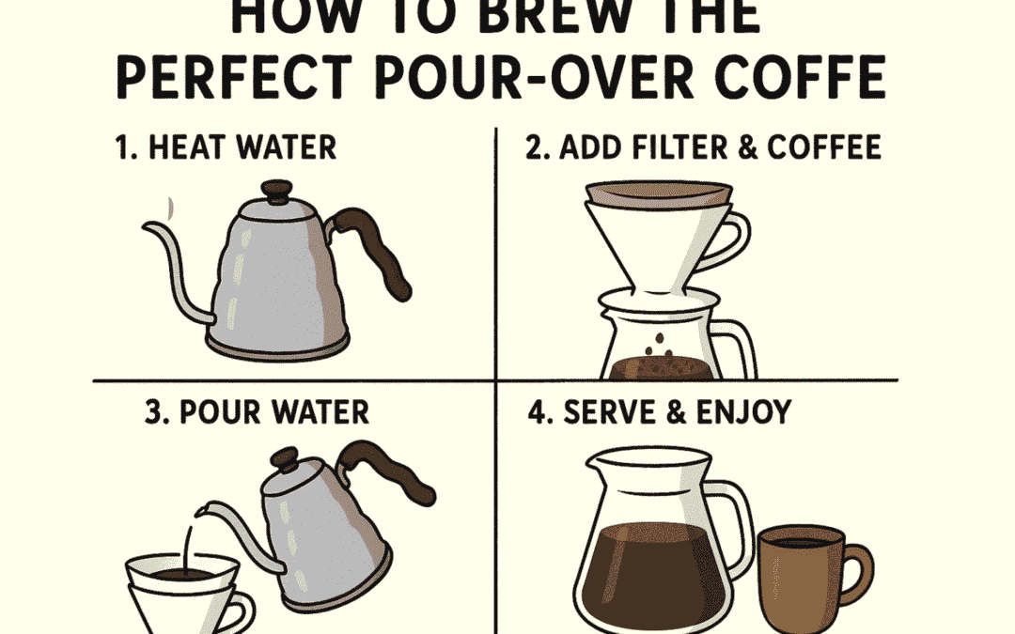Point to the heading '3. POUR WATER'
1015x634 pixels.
coord(257,411)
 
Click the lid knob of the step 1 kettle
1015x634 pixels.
coord(277,192)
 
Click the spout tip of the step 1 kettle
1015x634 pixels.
coord(148,228)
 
